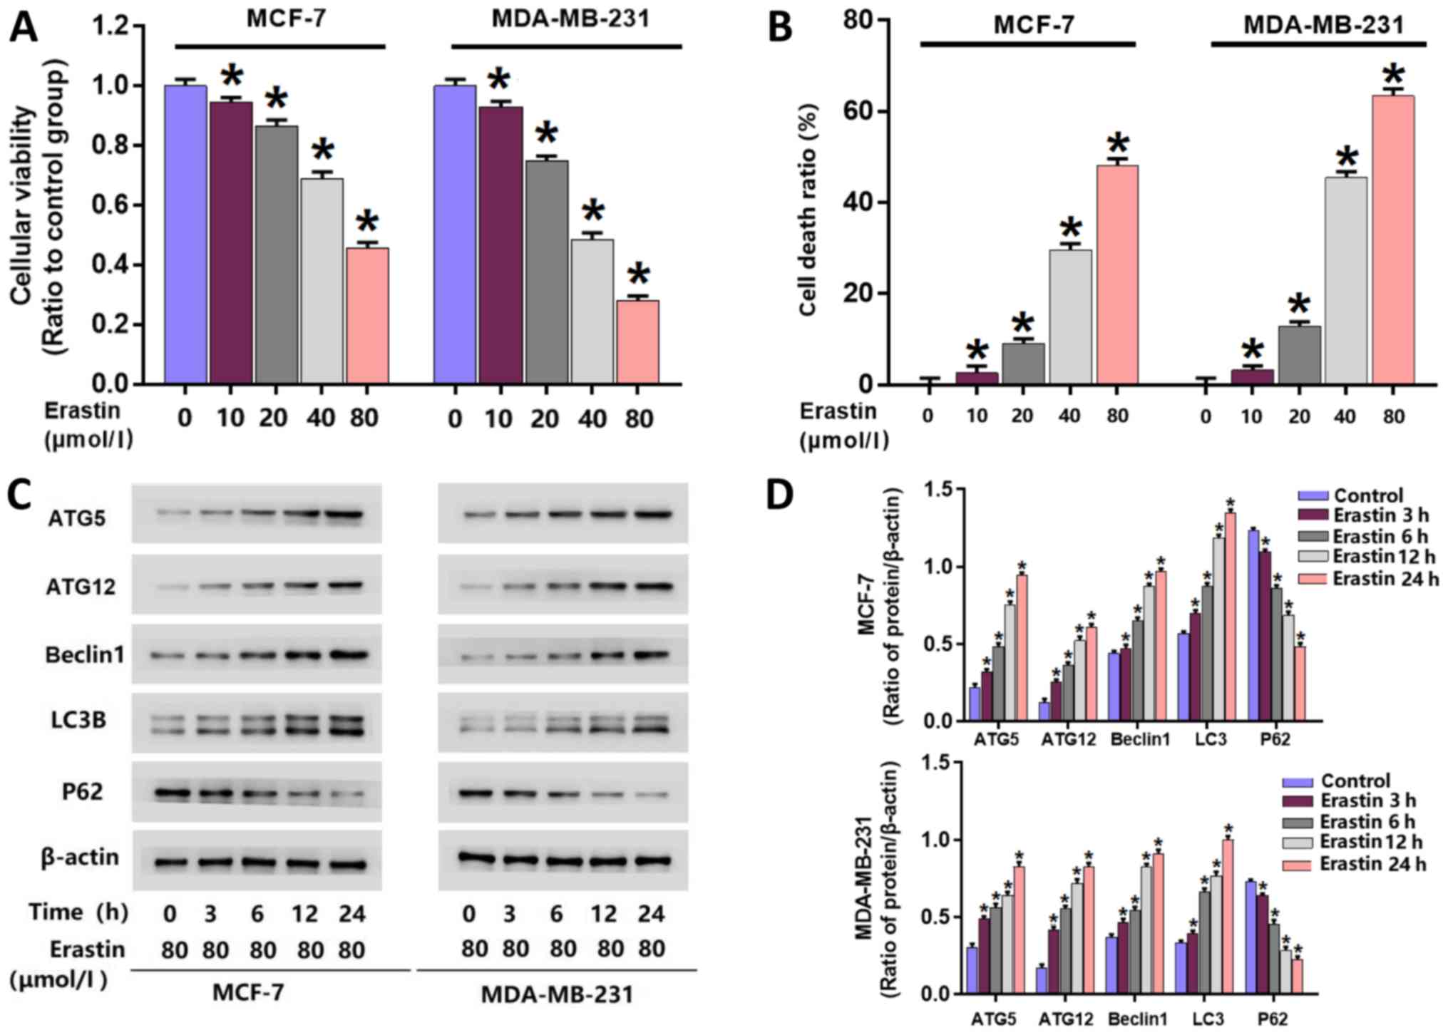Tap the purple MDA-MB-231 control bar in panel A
coord(454,235)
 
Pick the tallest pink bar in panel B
coord(1392,240)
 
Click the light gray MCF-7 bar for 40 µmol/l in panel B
coord(1069,316)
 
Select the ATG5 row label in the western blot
coord(77,517)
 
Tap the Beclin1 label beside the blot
coord(84,654)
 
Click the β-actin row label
coord(80,857)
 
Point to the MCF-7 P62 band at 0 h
coord(170,792)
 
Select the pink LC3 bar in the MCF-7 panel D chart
coord(1230,617)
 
